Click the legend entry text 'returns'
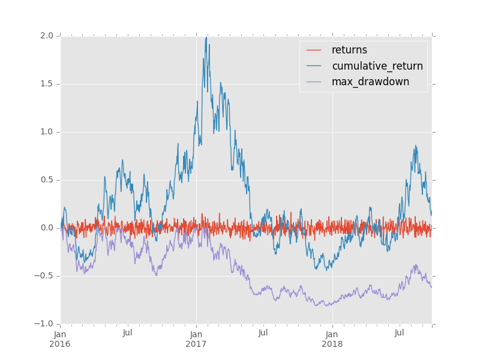(x=349, y=50)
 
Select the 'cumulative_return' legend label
(x=377, y=66)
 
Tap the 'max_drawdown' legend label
(x=370, y=82)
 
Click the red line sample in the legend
(x=314, y=50)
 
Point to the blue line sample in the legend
(x=314, y=66)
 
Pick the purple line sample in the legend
(x=314, y=82)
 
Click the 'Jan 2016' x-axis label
(x=60, y=339)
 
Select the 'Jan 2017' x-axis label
(x=196, y=339)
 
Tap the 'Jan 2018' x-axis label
(x=332, y=339)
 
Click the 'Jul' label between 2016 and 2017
(x=128, y=333)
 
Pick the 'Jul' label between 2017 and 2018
(x=263, y=333)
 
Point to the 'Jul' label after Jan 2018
(x=400, y=333)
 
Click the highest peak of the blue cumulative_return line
(x=206, y=38)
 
